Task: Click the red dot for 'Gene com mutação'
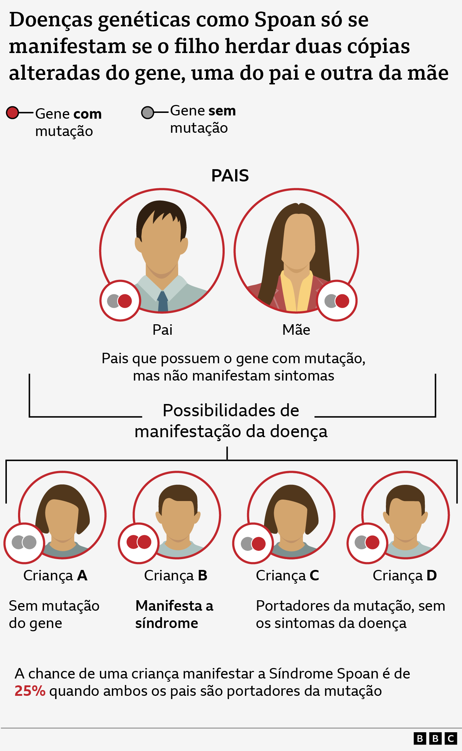[13, 113]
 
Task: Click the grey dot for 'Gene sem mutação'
[148, 113]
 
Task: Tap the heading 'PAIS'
[230, 176]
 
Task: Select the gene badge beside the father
[120, 301]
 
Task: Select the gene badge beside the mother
[337, 301]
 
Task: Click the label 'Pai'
[162, 330]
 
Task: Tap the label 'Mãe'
[296, 330]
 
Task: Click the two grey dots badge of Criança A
[24, 543]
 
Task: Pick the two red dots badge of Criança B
[139, 542]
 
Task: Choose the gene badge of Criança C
[253, 543]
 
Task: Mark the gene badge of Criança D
[367, 543]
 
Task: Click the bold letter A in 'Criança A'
[82, 576]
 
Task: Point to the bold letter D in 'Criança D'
[432, 576]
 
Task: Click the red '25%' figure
[30, 691]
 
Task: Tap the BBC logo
[435, 739]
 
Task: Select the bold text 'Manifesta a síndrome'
[174, 614]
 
